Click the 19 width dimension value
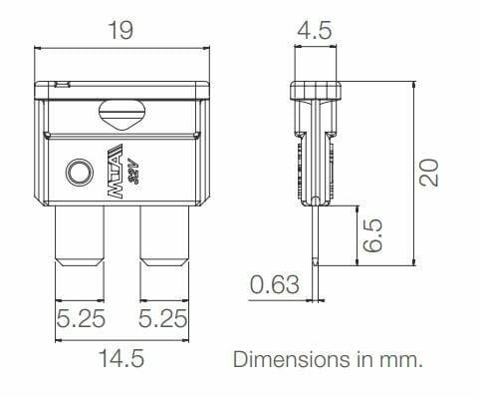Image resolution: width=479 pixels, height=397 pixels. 120,30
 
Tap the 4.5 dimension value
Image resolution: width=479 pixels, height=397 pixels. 314,30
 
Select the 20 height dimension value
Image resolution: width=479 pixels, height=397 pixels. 428,173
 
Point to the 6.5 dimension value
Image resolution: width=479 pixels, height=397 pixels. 372,235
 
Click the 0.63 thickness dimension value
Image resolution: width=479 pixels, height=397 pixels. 275,284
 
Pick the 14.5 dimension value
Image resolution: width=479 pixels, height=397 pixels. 121,358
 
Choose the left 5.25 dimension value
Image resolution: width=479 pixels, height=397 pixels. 81,318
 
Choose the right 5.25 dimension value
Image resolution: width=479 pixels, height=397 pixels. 162,318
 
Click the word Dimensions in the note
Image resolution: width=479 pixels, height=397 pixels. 292,359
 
